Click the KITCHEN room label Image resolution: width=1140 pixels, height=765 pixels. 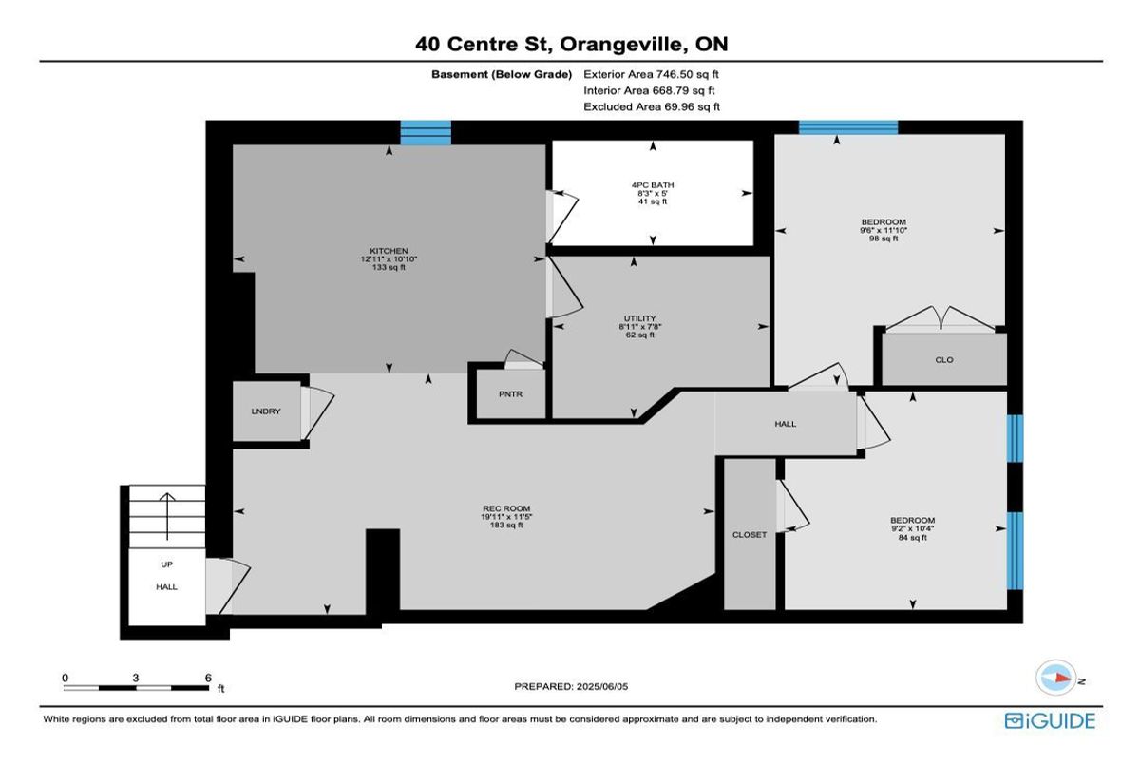coord(389,251)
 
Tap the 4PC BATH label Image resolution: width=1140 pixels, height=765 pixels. coord(653,185)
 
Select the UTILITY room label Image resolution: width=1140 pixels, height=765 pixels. coord(639,318)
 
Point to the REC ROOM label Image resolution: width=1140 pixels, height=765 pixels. coord(506,508)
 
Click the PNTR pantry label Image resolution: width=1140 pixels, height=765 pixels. coord(510,394)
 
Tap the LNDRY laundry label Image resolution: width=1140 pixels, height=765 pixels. coord(266,411)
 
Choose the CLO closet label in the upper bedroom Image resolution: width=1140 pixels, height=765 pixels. coord(944,360)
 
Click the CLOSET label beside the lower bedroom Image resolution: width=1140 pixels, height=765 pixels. coord(750,535)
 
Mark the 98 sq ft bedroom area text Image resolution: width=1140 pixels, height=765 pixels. coord(883,239)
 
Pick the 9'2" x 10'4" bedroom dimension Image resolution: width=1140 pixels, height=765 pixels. coord(912,528)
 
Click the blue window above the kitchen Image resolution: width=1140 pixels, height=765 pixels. coord(426,133)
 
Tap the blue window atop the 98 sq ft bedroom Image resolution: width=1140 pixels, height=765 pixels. coord(848,127)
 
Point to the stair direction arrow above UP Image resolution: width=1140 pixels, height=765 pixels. coord(167,516)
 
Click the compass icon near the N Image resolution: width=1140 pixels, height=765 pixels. coord(1056,678)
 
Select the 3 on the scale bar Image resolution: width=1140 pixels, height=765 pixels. coord(135,678)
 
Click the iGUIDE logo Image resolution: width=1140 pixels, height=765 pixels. coord(1050,721)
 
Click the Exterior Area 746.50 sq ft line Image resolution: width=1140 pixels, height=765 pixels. coord(651,74)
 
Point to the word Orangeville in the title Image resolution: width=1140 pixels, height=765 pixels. coord(621,45)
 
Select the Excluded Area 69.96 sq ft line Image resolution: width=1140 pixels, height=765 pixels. coord(652,106)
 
